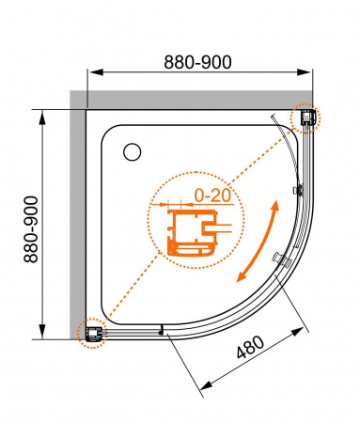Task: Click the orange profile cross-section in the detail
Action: pyautogui.click(x=187, y=234)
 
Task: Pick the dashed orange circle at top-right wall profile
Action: pyautogui.click(x=306, y=117)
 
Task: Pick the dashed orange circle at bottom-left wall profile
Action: pyautogui.click(x=92, y=331)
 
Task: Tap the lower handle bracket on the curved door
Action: pyautogui.click(x=277, y=258)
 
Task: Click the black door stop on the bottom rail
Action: pyautogui.click(x=162, y=330)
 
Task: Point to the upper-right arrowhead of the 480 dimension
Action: pyautogui.click(x=303, y=332)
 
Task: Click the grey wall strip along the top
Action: pyautogui.click(x=188, y=99)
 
